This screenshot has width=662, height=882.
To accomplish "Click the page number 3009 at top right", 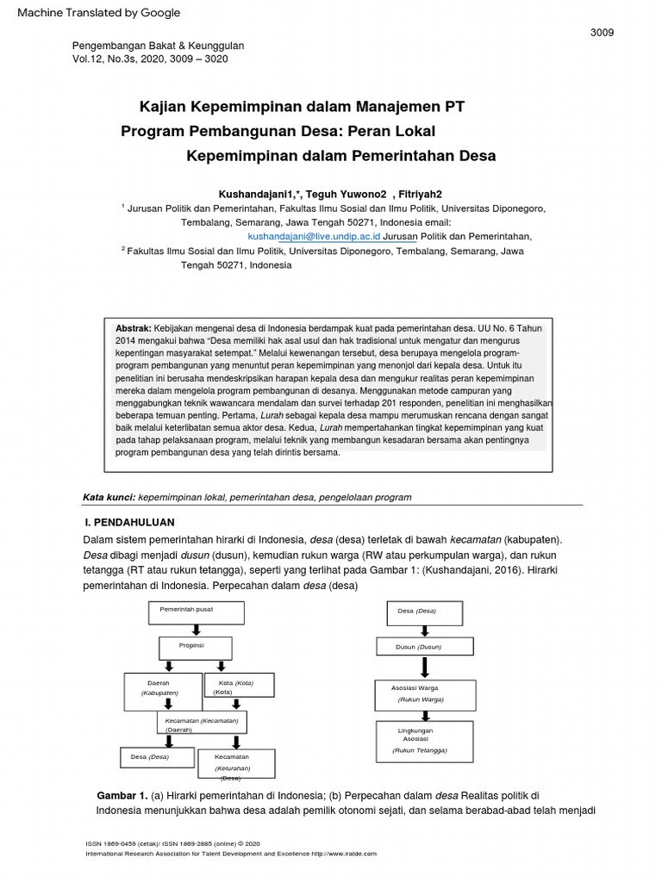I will coord(602,33).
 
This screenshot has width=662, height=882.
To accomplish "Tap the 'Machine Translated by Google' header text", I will coord(99,12).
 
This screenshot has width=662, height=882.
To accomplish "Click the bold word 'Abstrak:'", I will coord(134,328).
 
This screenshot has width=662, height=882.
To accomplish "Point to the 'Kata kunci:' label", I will coord(109,497).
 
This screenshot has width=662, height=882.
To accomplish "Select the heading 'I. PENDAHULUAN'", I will coord(130,522).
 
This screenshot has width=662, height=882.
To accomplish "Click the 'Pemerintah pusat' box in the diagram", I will coord(196,612).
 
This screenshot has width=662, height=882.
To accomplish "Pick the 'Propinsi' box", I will coord(196,648).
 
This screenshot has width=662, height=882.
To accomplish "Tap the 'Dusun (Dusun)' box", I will coord(424,647).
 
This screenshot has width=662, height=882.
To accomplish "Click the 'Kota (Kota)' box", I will coord(240,686).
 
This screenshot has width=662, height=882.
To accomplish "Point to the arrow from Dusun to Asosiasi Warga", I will coord(425,668).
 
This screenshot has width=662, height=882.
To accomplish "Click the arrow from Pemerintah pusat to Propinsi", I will coord(197,630).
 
